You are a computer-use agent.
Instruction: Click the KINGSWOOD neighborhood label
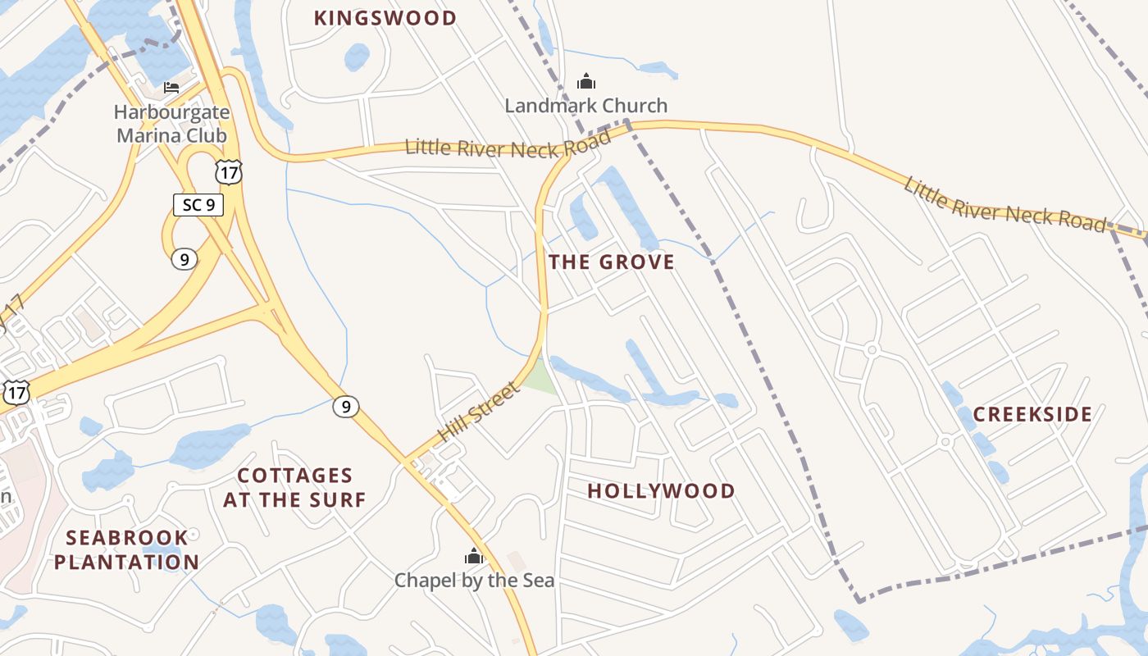coord(385,18)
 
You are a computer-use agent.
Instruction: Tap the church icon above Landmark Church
coord(585,81)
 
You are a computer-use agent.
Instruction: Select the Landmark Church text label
coord(585,106)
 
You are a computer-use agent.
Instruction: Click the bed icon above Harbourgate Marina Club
coord(171,87)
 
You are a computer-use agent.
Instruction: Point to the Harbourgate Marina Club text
coord(171,123)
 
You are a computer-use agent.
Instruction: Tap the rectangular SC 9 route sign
coord(198,204)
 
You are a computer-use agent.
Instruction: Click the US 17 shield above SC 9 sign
coord(229,171)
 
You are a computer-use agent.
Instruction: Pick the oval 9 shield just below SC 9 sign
coord(184,259)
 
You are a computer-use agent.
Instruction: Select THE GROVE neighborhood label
coord(612,262)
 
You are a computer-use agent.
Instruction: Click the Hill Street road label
coord(479,412)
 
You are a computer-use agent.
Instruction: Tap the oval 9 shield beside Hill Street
coord(346,406)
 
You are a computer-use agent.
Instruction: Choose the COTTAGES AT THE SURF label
coord(294,487)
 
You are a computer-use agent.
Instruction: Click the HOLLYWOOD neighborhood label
coord(661,491)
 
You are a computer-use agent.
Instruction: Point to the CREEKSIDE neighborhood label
coord(1032,415)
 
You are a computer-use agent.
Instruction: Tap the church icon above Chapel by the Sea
coord(474,556)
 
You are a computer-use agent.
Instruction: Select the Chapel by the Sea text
coord(474,581)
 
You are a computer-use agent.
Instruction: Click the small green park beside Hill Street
coord(539,378)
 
